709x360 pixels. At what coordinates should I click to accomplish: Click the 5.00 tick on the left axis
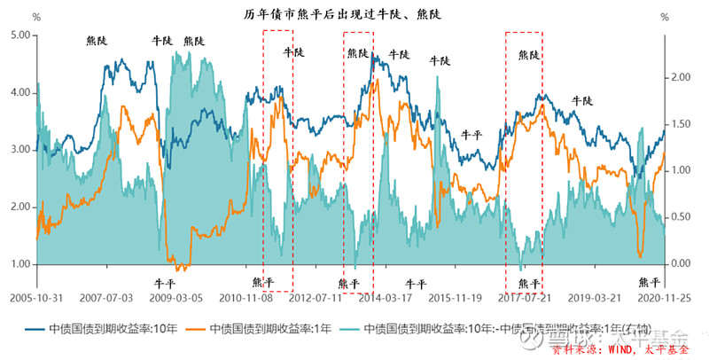point(19,35)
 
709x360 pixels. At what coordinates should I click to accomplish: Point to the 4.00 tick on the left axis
point(19,92)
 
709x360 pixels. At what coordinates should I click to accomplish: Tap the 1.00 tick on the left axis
point(19,264)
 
